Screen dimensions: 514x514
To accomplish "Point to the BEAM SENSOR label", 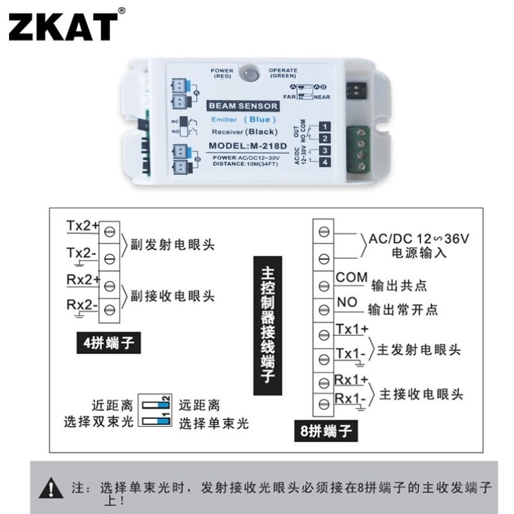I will coord(242,105).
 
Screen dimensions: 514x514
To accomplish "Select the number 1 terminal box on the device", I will coord(326,126).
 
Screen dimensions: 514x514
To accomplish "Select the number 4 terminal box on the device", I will coord(326,163).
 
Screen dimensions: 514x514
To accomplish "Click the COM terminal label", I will coord(351,278).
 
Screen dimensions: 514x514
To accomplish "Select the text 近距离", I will coord(112,405).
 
